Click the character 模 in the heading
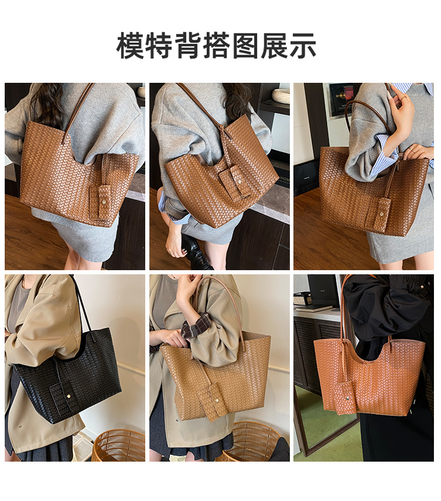click(130, 46)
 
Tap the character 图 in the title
click(245, 46)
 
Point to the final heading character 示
click(302, 46)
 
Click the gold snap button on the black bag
click(69, 396)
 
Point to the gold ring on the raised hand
click(405, 97)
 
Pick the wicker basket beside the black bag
click(119, 445)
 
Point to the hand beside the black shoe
click(174, 246)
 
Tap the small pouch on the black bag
click(65, 398)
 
